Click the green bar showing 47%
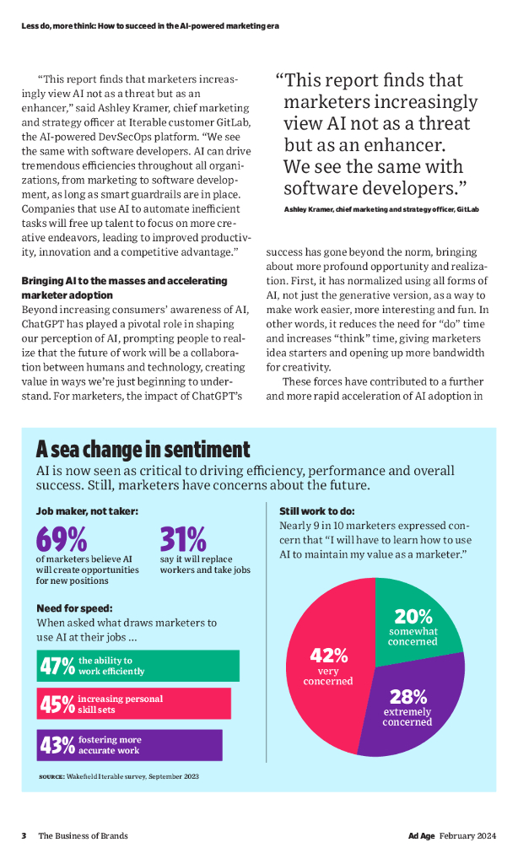pos(138,666)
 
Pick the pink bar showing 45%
pos(133,704)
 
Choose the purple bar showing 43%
pos(129,745)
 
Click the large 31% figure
pos(183,539)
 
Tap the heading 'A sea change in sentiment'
pos(143,449)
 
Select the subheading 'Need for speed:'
pos(74,608)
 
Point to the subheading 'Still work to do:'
pos(316,511)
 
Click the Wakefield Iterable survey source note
pos(119,775)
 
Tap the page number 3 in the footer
pos(24,835)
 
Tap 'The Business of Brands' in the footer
pos(83,835)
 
